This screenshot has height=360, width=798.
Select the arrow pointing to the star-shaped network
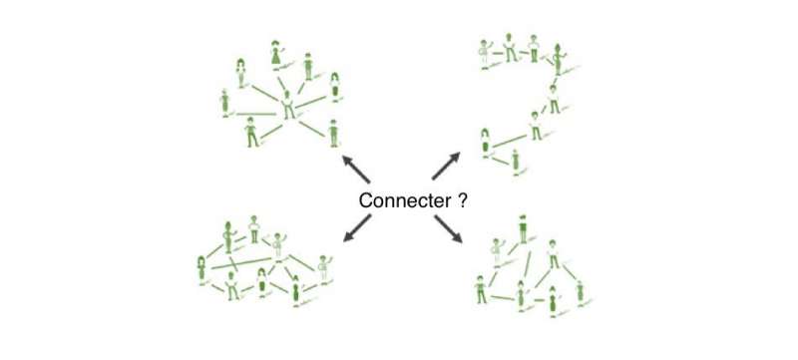tap(352, 164)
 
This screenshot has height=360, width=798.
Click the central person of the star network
tap(289, 106)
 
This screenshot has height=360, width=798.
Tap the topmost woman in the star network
tap(277, 54)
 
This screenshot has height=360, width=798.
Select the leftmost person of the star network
tap(225, 102)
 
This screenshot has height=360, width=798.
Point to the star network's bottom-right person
tap(333, 132)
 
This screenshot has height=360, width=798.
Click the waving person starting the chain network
tap(486, 51)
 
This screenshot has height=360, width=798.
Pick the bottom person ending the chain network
tap(515, 161)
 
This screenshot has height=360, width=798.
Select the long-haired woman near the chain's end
tap(486, 142)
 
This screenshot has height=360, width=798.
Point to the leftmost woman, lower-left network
tap(203, 269)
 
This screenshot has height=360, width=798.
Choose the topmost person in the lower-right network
tap(523, 228)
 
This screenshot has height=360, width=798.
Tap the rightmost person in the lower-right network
tap(580, 290)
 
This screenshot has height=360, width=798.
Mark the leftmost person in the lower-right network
tap(482, 288)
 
